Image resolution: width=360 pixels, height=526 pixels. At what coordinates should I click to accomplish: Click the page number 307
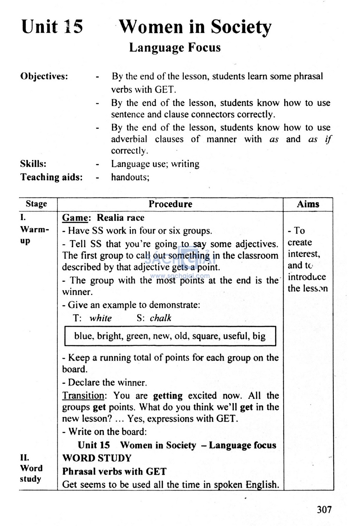click(324, 509)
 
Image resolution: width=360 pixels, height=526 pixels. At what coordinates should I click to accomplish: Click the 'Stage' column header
click(36, 204)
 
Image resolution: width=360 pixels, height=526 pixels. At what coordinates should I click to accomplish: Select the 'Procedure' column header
click(170, 204)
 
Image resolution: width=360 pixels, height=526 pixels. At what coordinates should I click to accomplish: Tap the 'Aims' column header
click(308, 204)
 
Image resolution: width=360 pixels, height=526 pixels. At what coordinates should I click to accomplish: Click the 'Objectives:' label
click(44, 76)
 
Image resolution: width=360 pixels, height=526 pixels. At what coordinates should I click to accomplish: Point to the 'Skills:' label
click(33, 164)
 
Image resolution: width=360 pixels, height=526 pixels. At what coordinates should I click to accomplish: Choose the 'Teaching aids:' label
click(51, 177)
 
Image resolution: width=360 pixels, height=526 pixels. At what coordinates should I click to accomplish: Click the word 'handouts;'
click(130, 177)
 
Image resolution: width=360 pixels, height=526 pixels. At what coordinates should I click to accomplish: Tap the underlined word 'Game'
click(75, 218)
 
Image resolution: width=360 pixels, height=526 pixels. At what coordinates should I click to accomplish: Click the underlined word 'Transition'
click(83, 395)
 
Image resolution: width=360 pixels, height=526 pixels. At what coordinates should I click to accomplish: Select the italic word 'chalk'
click(160, 318)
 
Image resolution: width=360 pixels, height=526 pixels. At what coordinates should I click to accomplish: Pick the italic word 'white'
click(101, 318)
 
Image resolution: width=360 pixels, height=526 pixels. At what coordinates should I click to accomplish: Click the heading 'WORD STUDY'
click(97, 458)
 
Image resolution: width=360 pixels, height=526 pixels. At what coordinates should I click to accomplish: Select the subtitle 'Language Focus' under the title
click(175, 47)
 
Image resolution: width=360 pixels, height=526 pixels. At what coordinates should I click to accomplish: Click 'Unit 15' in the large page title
click(52, 27)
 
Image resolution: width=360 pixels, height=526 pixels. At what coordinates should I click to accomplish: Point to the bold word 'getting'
click(168, 396)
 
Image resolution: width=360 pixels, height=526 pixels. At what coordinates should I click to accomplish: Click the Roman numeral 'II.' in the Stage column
click(25, 457)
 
